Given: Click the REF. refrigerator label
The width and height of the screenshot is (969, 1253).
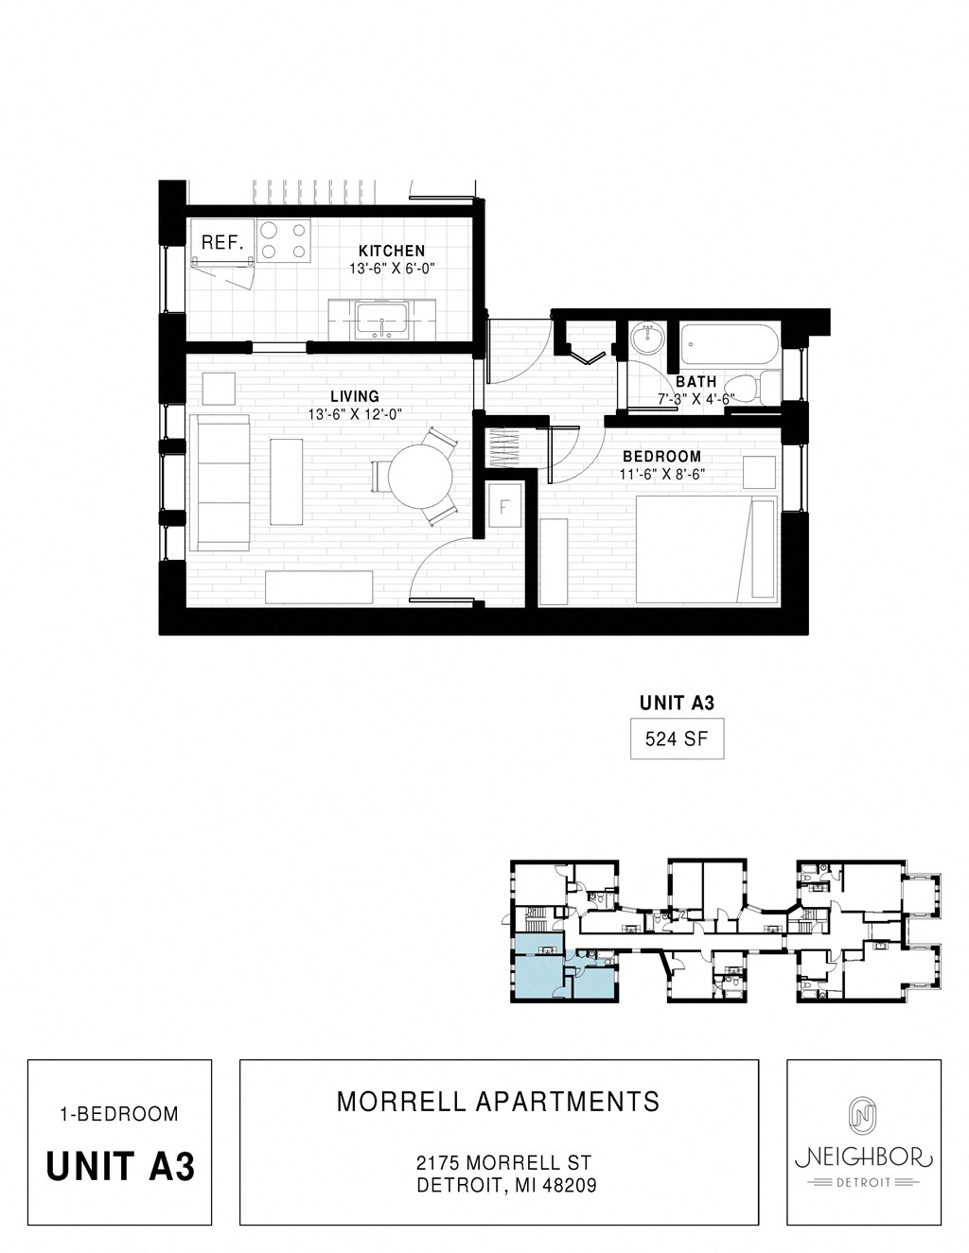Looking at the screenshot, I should pyautogui.click(x=222, y=242).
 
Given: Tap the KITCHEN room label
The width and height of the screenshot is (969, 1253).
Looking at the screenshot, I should pyautogui.click(x=392, y=251).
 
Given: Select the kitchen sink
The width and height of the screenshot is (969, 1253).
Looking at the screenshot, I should pyautogui.click(x=381, y=322).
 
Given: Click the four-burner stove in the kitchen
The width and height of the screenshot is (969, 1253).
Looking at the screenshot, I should pyautogui.click(x=285, y=239).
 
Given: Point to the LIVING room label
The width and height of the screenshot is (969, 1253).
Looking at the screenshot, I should pyautogui.click(x=355, y=396).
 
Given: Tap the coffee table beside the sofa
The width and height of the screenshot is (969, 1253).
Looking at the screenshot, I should pyautogui.click(x=287, y=480).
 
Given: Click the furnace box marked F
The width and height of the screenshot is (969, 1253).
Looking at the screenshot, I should pyautogui.click(x=504, y=508).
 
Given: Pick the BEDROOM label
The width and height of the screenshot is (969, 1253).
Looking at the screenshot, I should pyautogui.click(x=661, y=456).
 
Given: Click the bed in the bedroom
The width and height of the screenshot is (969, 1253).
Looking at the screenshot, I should pyautogui.click(x=705, y=549).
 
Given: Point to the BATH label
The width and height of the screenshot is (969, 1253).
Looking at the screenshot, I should pyautogui.click(x=696, y=381).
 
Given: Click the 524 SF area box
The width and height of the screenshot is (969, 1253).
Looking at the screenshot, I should pyautogui.click(x=677, y=740).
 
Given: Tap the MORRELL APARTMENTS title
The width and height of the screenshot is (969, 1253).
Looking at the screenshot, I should pyautogui.click(x=499, y=1102).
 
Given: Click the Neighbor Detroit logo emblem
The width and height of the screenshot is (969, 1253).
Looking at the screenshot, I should pyautogui.click(x=862, y=1115).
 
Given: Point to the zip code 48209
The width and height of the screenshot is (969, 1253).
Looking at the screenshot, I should pyautogui.click(x=568, y=1185).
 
